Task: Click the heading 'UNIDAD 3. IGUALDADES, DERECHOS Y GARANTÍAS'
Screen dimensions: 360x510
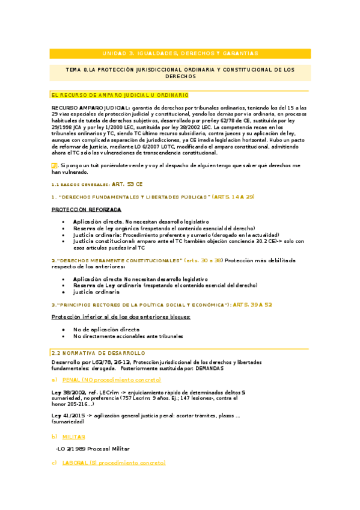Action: point(180,53)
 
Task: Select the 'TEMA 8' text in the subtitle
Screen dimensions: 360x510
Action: point(78,70)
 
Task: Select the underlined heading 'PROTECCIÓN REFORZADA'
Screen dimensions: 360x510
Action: point(87,209)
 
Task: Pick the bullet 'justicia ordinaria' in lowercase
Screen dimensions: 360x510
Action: point(97,292)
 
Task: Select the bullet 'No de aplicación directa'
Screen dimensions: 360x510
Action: point(106,330)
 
